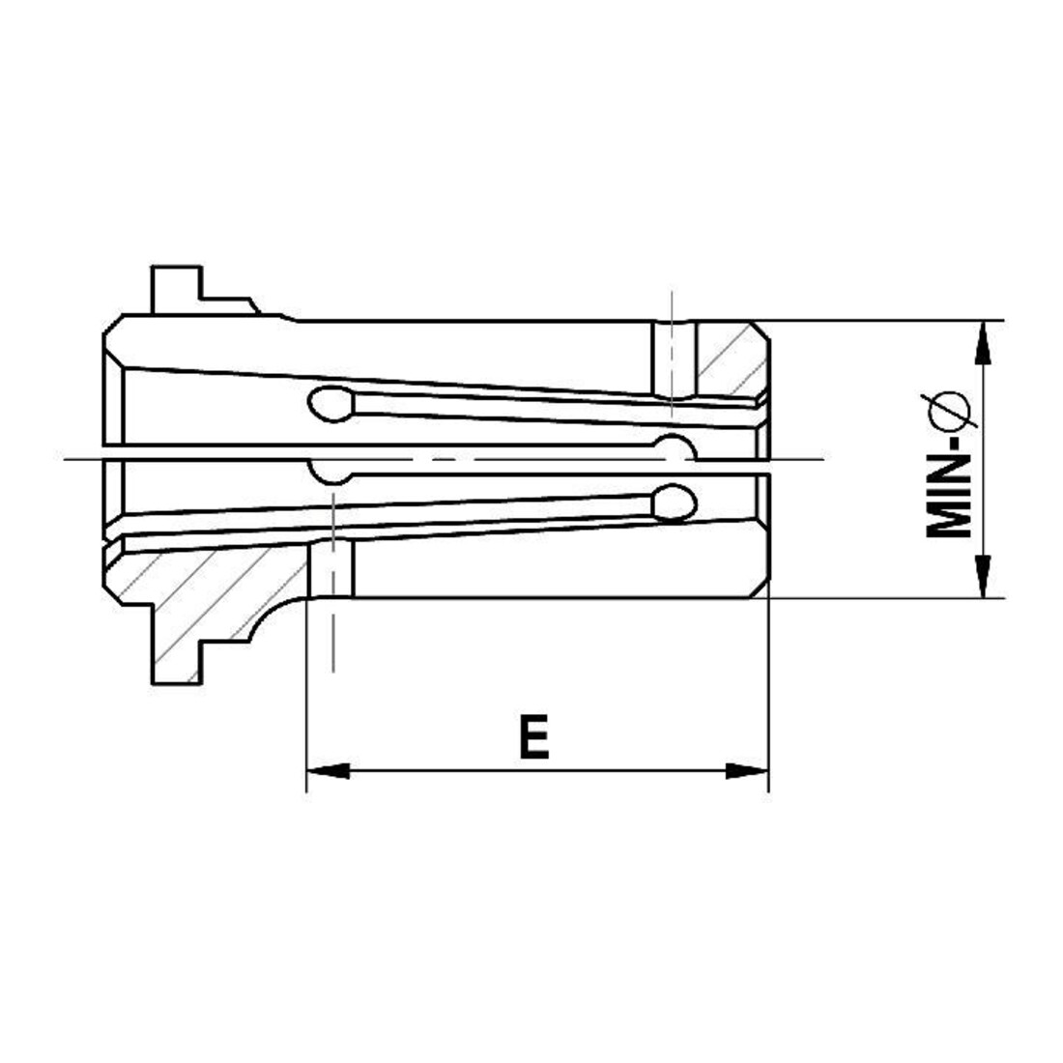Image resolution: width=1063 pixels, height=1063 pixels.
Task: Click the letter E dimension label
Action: (533, 735)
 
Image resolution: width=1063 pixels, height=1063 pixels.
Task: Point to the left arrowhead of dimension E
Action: (329, 771)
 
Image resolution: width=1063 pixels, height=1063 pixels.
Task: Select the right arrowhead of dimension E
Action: (747, 771)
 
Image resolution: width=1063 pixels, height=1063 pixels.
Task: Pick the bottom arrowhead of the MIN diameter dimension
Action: (983, 576)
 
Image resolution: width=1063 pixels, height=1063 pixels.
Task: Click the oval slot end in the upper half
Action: (331, 404)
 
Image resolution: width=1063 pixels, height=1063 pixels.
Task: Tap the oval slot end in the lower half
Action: (675, 503)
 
